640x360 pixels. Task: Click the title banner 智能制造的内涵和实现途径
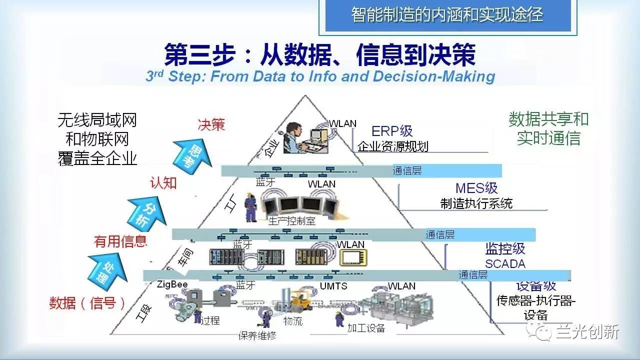447,14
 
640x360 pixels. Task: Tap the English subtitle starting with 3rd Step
320,76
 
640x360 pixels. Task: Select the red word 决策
211,124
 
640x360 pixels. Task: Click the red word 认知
163,183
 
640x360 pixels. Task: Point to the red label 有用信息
120,241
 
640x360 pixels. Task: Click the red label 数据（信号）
87,303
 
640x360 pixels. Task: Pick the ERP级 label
392,131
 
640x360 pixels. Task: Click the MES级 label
476,188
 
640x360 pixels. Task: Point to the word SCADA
505,263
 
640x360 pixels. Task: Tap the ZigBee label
172,284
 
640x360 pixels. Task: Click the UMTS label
333,286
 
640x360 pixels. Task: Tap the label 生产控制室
292,220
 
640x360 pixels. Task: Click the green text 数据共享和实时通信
548,128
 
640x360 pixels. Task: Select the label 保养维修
257,336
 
